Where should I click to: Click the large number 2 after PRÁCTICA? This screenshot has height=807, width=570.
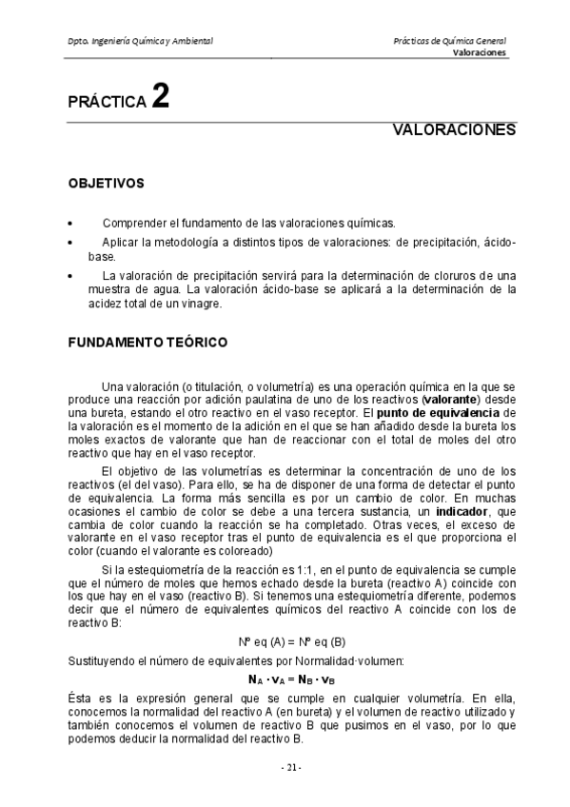pyautogui.click(x=161, y=98)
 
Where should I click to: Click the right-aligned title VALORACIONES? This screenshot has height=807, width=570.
pyautogui.click(x=454, y=129)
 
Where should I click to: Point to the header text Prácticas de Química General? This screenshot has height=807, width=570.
pyautogui.click(x=449, y=42)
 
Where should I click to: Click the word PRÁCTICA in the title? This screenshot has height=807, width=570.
pyautogui.click(x=104, y=102)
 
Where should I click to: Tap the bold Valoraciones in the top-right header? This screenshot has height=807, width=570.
pyautogui.click(x=480, y=54)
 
